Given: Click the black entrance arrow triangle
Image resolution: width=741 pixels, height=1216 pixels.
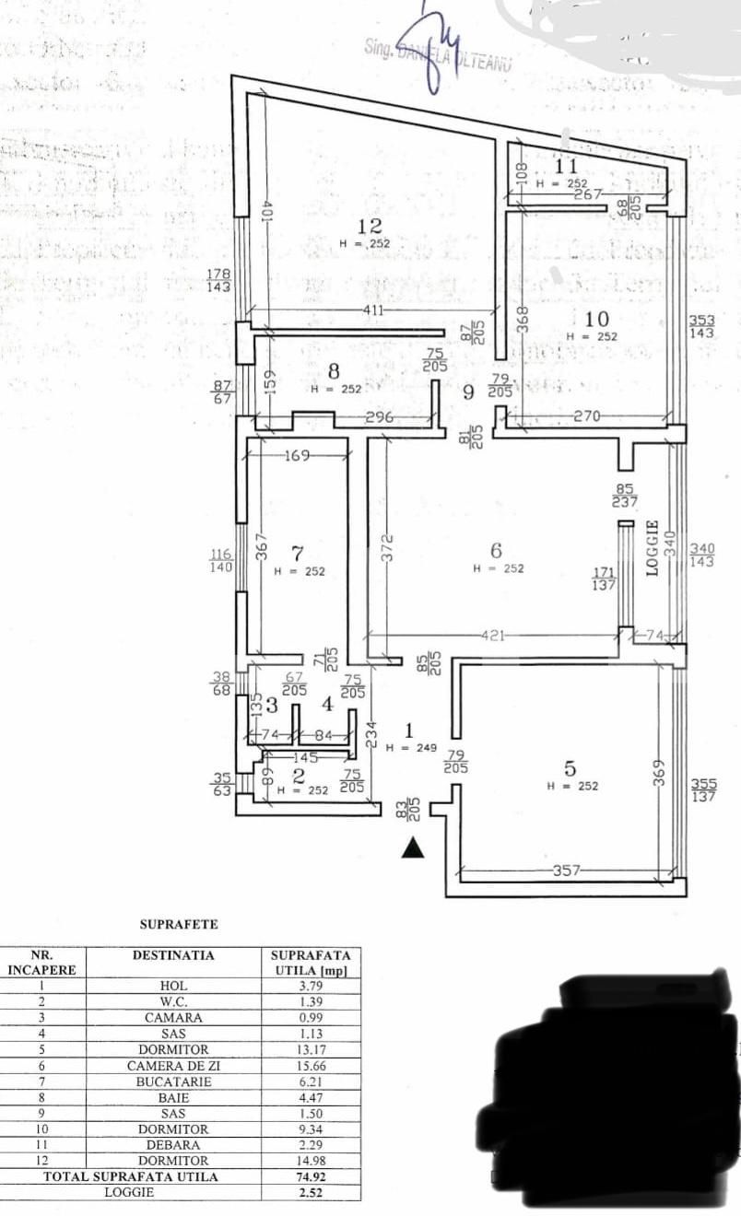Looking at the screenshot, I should (413, 848).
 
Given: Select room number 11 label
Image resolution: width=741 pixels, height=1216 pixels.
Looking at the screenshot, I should (566, 167).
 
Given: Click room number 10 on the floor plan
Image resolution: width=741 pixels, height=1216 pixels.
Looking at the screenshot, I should (596, 319).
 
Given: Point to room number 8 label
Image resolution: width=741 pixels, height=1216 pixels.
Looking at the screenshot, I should (334, 371).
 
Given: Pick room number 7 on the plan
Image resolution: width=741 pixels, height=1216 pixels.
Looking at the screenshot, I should (297, 554).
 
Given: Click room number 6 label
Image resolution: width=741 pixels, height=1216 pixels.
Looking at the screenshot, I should (496, 550).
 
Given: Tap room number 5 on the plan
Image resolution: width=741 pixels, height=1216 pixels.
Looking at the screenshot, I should (570, 767).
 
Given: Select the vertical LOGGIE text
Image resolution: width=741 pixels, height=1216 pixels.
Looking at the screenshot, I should (653, 549).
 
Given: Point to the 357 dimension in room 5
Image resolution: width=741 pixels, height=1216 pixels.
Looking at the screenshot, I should (564, 871).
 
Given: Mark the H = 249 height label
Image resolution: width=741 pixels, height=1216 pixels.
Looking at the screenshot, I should (411, 748).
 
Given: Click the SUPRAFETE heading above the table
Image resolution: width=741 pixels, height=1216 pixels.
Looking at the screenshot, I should (179, 923).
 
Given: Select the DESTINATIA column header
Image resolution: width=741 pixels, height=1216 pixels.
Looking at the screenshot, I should (173, 955).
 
